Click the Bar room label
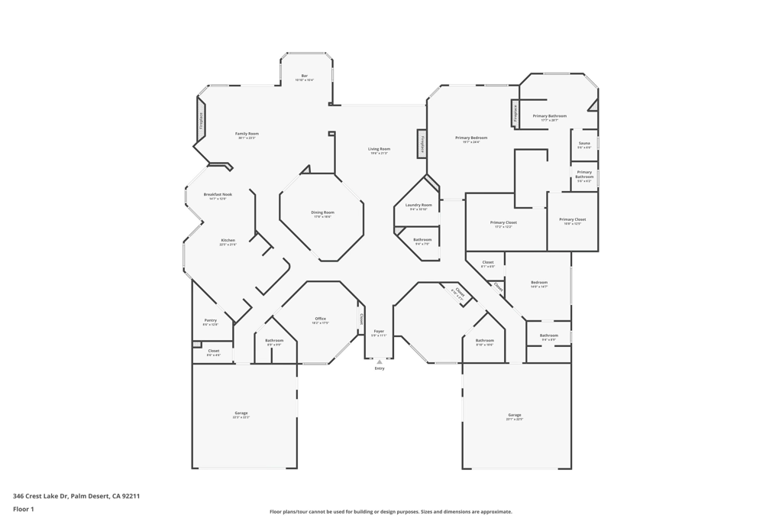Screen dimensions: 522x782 [304, 76]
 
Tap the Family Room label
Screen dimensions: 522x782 [247, 134]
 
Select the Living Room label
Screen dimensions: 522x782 [379, 149]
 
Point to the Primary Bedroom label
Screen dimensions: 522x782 [470, 138]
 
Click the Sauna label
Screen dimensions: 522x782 [584, 144]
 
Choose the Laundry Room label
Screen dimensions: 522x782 [418, 205]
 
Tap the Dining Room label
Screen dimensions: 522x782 [322, 212]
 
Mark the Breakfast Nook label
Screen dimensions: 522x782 [218, 195]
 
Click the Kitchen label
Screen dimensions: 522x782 [228, 241]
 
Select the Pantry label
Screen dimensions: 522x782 [210, 320]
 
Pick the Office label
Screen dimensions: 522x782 [320, 319]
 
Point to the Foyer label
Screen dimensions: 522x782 [379, 332]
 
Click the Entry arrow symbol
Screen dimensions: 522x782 [380, 362]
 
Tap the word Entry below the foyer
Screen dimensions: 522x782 [380, 368]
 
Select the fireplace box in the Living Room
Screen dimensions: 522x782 [422, 144]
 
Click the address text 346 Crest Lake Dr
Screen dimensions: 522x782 [40, 496]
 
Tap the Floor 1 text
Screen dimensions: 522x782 [24, 509]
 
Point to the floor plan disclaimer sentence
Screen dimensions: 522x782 [391, 512]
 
